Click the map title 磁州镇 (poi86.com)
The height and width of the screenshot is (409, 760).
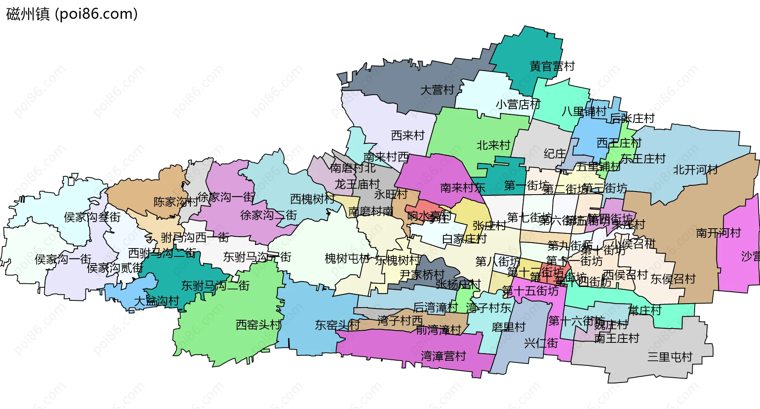(72, 14)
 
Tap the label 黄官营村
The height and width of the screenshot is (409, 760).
(552, 66)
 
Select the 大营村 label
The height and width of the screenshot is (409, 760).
(437, 90)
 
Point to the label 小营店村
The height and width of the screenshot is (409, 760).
(518, 105)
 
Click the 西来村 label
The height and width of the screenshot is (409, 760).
(408, 136)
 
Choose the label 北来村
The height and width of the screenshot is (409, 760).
(493, 145)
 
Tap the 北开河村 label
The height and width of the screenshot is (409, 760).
(695, 170)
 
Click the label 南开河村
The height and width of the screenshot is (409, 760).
(718, 233)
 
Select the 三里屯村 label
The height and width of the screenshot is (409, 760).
(670, 357)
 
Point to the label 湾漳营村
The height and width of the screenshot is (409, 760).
(443, 356)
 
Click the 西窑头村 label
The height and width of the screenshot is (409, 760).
(258, 325)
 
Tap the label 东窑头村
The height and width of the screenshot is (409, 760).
(337, 325)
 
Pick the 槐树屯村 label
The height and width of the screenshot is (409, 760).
(347, 259)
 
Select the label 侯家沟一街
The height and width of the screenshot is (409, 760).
(63, 259)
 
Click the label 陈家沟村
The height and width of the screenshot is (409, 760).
(176, 202)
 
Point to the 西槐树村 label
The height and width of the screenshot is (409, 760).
(312, 199)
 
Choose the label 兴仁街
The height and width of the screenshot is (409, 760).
(541, 343)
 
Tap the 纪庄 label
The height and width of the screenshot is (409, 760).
(555, 154)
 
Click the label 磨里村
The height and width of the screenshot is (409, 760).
(508, 327)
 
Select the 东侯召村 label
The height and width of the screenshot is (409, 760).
(673, 279)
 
